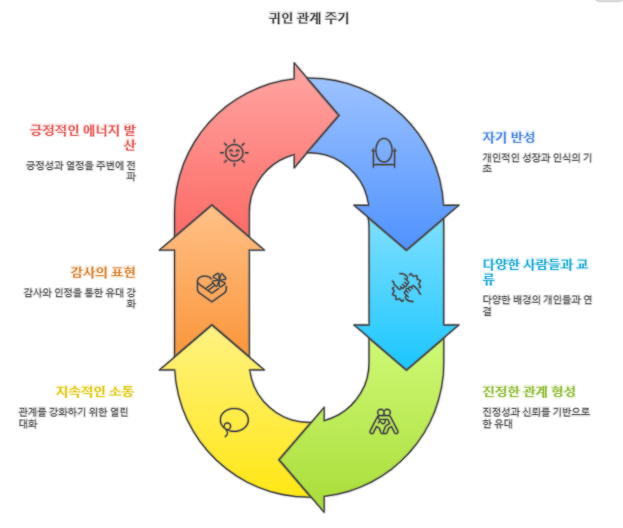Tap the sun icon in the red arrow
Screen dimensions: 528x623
click(x=233, y=153)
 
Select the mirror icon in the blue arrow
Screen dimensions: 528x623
click(x=384, y=153)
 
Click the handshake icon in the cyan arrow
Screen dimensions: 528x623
click(x=405, y=288)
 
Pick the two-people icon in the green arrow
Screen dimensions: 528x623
click(x=383, y=421)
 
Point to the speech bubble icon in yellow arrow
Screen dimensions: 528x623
click(x=233, y=421)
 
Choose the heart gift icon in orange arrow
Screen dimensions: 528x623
click(x=213, y=286)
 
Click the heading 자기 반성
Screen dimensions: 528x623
click(x=508, y=137)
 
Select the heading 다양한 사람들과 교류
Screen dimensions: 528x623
click(x=534, y=271)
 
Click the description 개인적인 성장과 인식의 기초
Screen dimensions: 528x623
click(x=536, y=162)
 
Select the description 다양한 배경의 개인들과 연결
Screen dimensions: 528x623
click(x=536, y=306)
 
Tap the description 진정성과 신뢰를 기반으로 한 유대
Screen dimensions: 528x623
click(x=536, y=417)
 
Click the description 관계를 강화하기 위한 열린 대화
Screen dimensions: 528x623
click(x=76, y=417)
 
